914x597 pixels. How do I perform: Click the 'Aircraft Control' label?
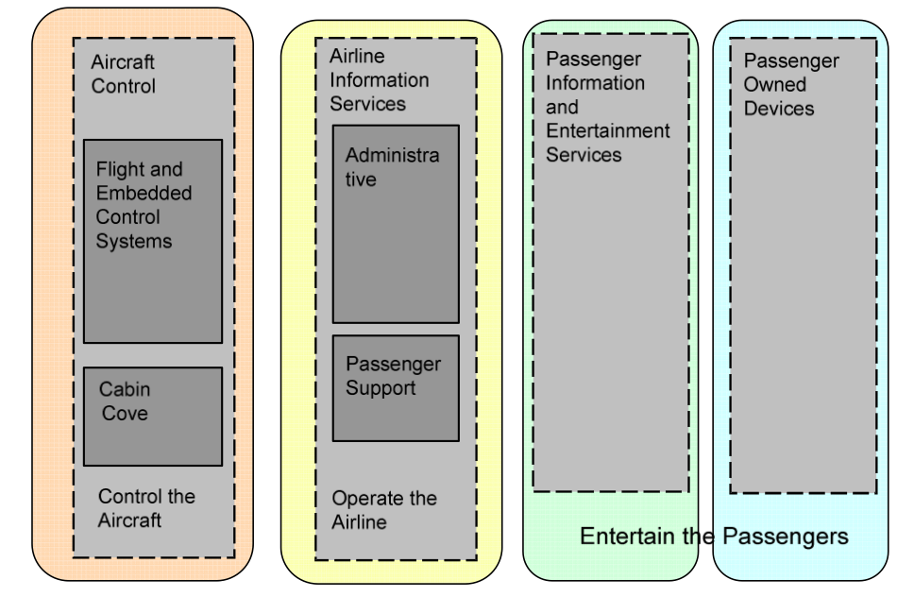pos(123,76)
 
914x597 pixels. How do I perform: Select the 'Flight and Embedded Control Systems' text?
pos(144,205)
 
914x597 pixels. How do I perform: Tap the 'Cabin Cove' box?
pos(152,416)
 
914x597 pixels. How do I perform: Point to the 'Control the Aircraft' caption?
pos(146,507)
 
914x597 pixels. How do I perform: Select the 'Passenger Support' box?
pos(394,388)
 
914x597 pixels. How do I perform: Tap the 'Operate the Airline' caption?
pos(383,510)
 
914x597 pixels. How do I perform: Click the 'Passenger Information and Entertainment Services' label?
pos(607,107)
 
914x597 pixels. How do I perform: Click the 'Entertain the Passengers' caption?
pos(715,537)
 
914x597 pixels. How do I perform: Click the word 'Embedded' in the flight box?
pos(144,194)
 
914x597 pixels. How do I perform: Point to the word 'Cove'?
pos(124,413)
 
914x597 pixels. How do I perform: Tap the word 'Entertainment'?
pos(607,130)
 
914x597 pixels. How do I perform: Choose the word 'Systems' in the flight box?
pos(134,241)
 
